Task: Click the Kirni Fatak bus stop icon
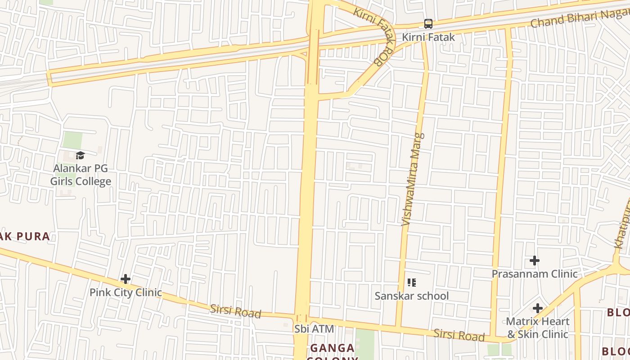(x=428, y=24)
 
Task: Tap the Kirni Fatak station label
(x=428, y=37)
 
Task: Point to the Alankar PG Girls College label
(x=81, y=175)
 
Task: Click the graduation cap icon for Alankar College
(x=81, y=156)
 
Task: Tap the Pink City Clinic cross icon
(x=126, y=279)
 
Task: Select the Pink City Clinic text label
(x=126, y=292)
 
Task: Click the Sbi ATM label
(x=314, y=329)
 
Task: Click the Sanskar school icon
(x=411, y=283)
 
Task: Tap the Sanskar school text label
(x=412, y=296)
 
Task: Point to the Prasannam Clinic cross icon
(x=535, y=261)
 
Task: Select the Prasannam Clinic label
(x=535, y=274)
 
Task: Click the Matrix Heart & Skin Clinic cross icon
(x=537, y=308)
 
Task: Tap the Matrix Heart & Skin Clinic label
(x=538, y=328)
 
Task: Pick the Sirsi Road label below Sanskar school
(x=459, y=335)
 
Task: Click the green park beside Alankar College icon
(x=72, y=140)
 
